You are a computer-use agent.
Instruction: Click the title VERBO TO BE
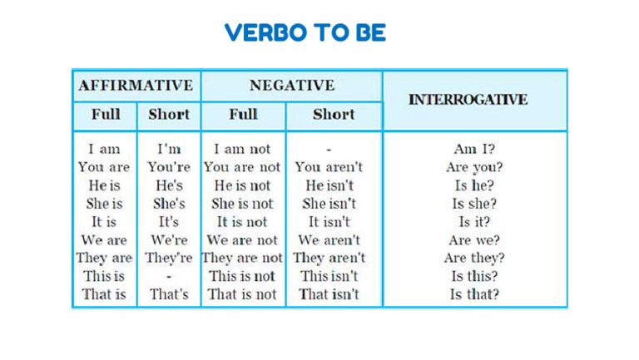point(305,33)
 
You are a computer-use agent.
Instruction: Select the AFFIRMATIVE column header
point(136,86)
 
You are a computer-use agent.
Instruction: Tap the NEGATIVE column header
point(291,86)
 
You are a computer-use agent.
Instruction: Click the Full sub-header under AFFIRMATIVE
point(105,115)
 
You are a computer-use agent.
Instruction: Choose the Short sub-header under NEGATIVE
point(334,115)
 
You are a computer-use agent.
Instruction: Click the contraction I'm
point(169,150)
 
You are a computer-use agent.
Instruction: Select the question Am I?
point(474,150)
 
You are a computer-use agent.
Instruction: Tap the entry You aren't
point(329,167)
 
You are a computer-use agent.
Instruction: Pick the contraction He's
point(169,185)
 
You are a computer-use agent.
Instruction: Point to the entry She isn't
point(329,204)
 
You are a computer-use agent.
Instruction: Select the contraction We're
point(169,240)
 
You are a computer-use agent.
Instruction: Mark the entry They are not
point(243,258)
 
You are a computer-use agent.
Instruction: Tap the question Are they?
point(474,258)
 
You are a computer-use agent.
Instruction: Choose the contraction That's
point(169,294)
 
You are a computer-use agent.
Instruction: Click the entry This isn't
point(329,276)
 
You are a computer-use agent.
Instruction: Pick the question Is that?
point(474,294)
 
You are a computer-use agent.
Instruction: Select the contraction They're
point(169,258)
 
